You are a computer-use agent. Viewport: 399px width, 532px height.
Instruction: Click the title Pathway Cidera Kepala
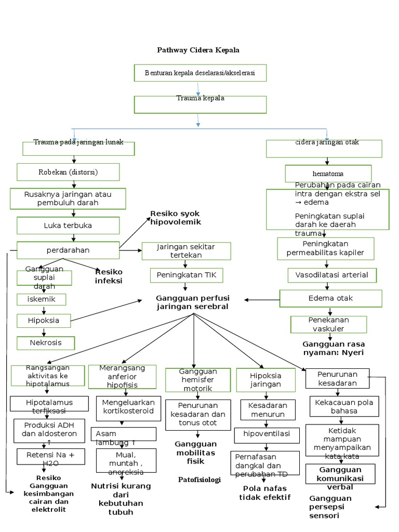click(198, 50)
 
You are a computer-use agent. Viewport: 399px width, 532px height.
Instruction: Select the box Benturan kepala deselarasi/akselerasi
click(200, 73)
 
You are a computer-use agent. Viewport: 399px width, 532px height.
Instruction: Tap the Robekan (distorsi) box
click(68, 172)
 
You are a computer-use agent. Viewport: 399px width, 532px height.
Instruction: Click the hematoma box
click(328, 174)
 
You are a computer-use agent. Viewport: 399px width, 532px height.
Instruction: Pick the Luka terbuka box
click(68, 225)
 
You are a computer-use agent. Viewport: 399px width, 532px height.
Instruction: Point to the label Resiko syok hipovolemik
click(175, 218)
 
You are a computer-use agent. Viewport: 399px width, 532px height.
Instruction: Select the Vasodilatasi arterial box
click(332, 275)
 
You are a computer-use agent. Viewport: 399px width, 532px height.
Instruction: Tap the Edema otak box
click(331, 298)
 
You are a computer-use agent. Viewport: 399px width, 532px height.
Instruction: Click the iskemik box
click(42, 299)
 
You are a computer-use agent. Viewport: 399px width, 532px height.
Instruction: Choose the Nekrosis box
click(46, 343)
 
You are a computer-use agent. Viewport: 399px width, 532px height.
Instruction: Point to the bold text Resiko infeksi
click(109, 276)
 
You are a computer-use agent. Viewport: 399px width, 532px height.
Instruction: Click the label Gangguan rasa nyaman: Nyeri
click(333, 348)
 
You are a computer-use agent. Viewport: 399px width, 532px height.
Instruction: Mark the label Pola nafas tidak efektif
click(264, 493)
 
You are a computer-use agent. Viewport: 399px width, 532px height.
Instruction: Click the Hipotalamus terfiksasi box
click(49, 406)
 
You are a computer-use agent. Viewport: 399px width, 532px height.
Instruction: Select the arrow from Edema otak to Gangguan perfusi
click(262, 300)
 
